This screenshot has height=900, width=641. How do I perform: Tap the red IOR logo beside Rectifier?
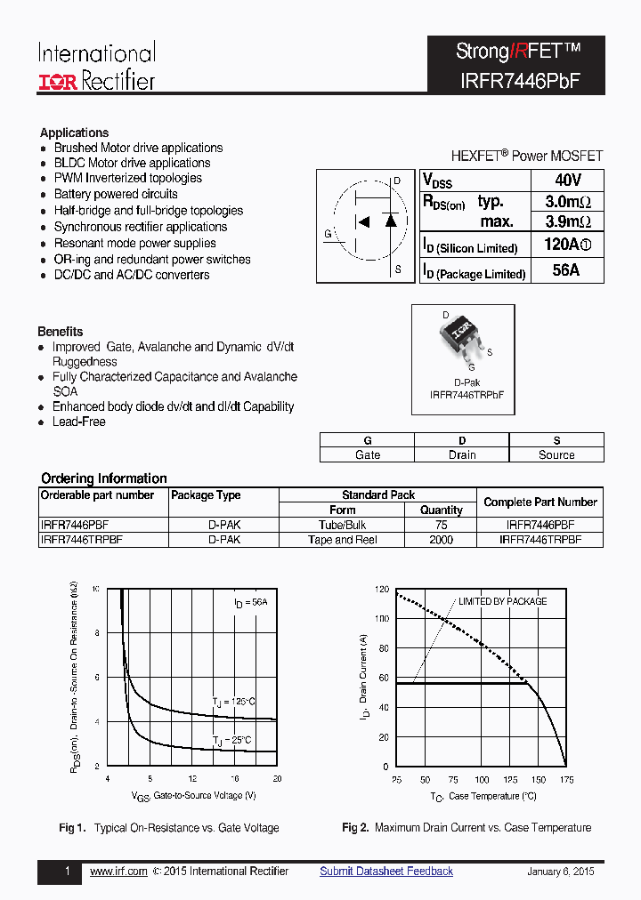pos(59,82)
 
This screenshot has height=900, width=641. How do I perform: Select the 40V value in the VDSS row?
pos(566,180)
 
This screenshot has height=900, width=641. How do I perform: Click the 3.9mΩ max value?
pos(567,221)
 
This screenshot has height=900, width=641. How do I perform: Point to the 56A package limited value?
pos(566,270)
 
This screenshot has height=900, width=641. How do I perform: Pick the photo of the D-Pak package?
pos(462,335)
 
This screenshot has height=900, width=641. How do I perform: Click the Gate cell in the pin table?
pos(367,454)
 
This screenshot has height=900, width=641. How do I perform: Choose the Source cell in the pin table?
pos(556,454)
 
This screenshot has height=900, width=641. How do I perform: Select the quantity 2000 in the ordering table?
pos(441,539)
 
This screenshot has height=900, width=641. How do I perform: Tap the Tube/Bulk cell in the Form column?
pos(343,525)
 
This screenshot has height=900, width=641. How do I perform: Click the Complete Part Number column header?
pos(540,502)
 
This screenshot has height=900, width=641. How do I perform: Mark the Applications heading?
pos(74,133)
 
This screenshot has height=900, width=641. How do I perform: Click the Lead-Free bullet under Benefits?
pos(78,422)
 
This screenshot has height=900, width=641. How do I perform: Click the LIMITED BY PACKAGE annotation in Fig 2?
pos(502,601)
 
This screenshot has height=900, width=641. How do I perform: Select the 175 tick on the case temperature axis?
pos(566,780)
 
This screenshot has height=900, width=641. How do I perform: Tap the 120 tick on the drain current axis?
pos(381,589)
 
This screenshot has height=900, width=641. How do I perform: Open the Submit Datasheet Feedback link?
pos(386,872)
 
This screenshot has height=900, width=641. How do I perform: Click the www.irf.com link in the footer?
pos(118,872)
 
